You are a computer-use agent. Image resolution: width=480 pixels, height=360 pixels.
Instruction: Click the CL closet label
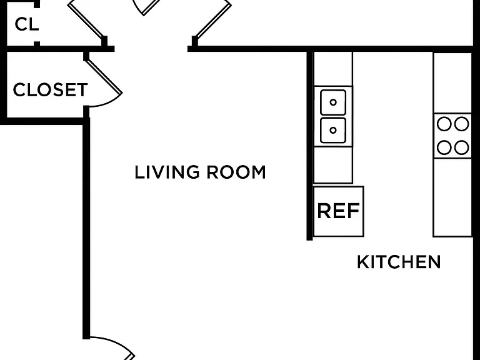coord(27,24)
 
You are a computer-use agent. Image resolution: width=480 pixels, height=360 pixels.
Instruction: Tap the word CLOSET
coord(50,90)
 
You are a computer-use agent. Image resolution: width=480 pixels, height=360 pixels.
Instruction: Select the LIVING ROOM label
coord(200,172)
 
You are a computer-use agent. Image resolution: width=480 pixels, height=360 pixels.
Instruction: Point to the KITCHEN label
coord(399,262)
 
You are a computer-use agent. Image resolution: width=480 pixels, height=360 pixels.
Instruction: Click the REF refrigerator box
coord(338,211)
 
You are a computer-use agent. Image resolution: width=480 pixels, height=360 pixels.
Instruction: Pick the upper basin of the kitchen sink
coord(333,102)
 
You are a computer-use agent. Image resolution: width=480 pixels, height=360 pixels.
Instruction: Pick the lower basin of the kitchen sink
coord(333,131)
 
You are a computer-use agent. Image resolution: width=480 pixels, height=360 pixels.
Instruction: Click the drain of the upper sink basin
coord(333,102)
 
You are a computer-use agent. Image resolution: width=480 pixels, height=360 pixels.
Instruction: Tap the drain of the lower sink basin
coord(333,131)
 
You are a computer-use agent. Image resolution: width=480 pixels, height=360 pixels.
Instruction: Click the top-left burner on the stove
coord(444,124)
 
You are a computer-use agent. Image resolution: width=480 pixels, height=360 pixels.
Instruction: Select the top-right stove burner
coord(461,124)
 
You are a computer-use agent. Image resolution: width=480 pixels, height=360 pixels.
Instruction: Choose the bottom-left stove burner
coord(444,147)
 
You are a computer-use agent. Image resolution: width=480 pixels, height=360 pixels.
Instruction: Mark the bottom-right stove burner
coord(461,147)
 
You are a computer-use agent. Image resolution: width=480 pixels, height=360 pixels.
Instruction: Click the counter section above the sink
coord(333,69)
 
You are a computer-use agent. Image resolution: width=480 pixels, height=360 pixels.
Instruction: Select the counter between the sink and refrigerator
coord(333,165)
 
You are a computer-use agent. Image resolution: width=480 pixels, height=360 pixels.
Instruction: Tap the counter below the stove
coord(452,197)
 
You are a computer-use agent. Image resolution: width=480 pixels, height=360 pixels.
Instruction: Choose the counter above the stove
coord(452,82)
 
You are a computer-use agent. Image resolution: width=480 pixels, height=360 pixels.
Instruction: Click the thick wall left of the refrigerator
coord(310,146)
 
